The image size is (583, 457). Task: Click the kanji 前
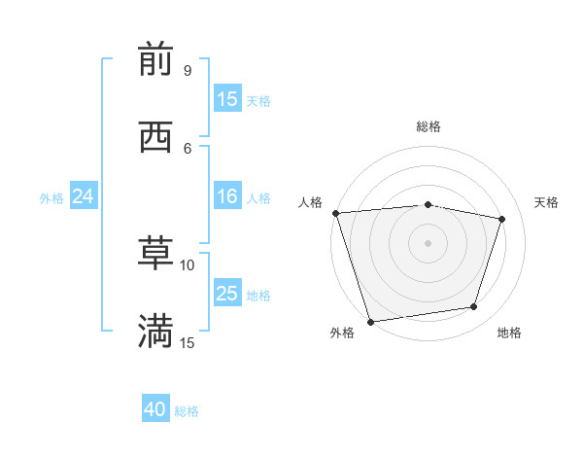155,61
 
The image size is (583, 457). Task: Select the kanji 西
155,138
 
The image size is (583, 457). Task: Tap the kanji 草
155,255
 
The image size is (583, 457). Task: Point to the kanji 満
155,332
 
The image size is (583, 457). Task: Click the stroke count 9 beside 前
187,71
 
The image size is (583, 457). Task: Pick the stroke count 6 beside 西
187,148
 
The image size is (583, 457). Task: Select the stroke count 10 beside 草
188,264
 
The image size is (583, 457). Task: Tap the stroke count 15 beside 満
188,342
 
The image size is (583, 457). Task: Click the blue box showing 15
227,99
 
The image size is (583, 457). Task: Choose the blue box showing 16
227,197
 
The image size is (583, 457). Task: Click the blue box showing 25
227,294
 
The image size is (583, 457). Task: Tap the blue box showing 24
84,197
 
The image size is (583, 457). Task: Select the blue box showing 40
155,409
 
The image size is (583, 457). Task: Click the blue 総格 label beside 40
187,411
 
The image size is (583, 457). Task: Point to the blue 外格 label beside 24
51,198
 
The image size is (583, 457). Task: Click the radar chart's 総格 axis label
428,126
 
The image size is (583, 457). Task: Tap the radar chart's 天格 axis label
546,202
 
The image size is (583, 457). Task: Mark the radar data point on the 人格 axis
335,213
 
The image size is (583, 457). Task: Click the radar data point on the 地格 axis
474,307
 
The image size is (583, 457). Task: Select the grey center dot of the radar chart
428,242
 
